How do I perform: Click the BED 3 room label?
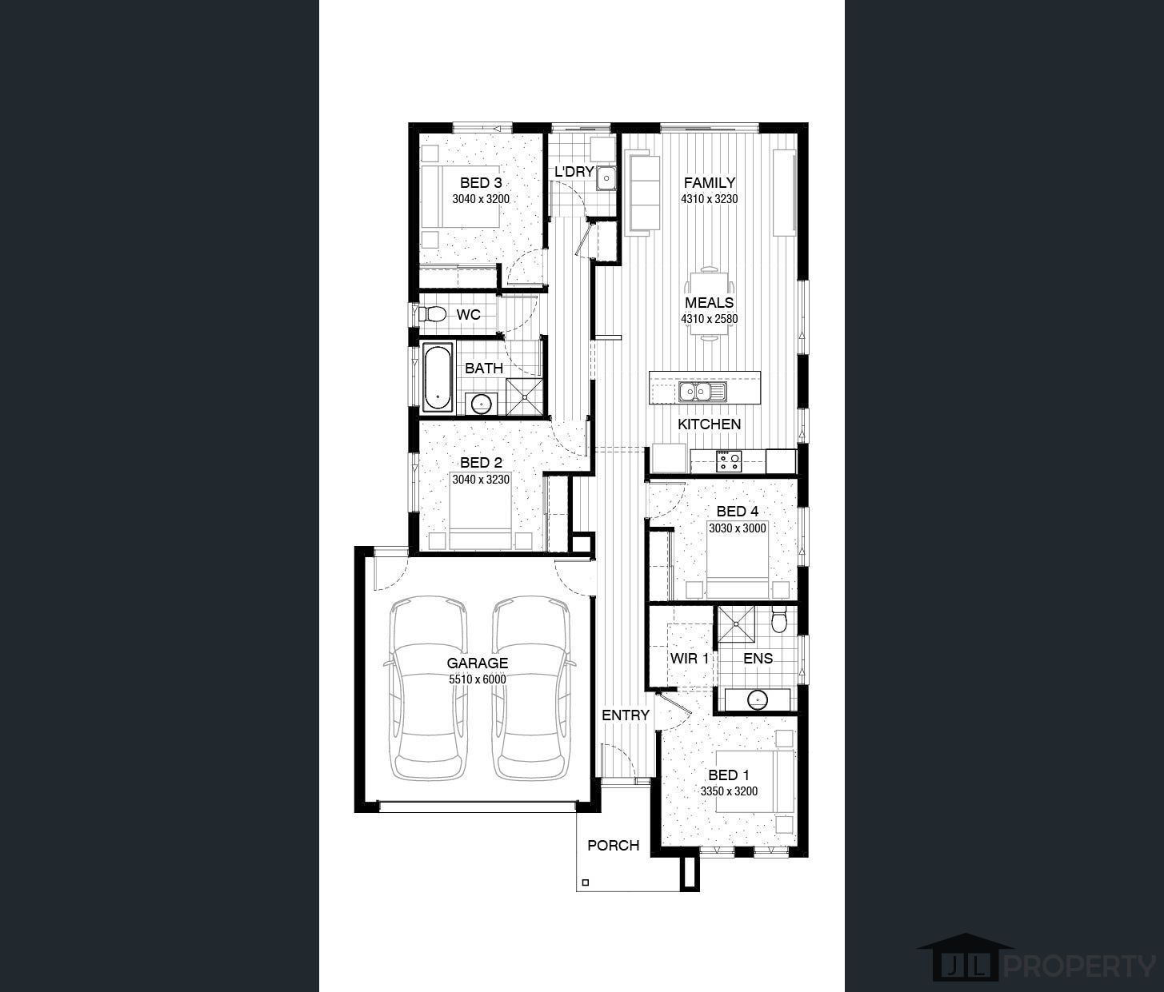coord(480,183)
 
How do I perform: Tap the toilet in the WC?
coord(433,314)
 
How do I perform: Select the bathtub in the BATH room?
coord(437,377)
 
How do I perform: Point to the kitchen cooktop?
coord(729,461)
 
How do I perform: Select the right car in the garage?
coord(531,687)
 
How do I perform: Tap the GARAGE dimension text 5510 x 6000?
coord(478,679)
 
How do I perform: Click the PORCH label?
coord(613,845)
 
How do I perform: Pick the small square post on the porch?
coord(586,882)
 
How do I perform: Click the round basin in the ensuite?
coord(757,699)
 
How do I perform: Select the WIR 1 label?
coord(689,659)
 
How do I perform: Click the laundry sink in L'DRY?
coord(606,178)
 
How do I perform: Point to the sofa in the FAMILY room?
coord(642,194)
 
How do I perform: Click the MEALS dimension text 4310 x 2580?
coord(709,319)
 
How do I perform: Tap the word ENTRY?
coord(625,715)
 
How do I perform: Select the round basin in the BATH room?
coord(480,404)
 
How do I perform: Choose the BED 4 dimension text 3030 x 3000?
coord(737,528)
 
